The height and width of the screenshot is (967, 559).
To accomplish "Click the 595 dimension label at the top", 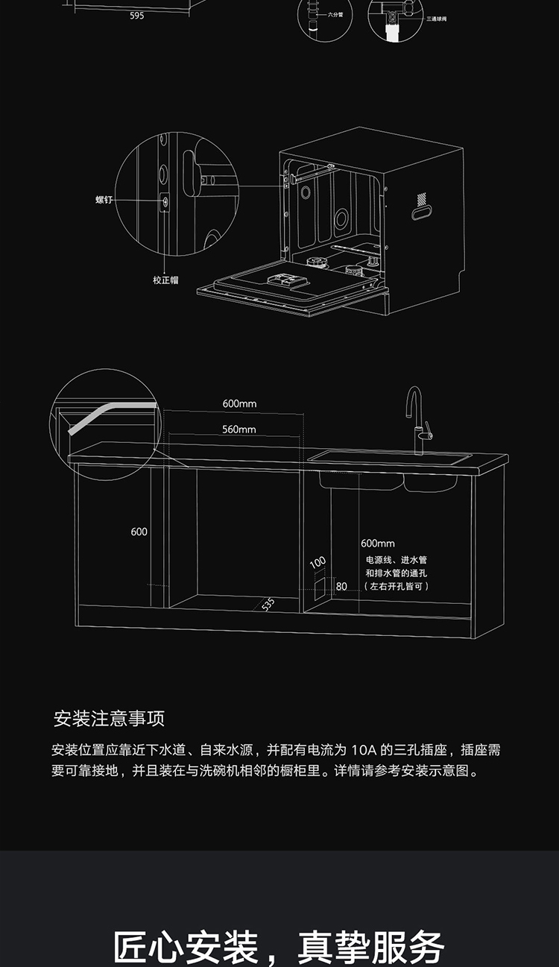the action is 136,16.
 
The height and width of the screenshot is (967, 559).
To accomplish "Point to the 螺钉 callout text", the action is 103,201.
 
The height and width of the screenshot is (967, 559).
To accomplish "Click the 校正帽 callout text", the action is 165,280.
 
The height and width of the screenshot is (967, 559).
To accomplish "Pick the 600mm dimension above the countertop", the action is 239,403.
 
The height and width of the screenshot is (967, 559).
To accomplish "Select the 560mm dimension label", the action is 239,429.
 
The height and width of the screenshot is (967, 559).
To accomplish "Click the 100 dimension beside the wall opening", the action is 318,561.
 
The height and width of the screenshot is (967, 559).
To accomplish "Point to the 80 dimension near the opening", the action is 341,586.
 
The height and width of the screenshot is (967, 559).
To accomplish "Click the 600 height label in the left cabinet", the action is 139,532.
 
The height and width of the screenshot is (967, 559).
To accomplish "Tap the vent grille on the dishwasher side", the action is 423,198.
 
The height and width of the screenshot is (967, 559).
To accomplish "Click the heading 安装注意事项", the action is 110,719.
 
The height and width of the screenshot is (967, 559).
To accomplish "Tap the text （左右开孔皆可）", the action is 397,587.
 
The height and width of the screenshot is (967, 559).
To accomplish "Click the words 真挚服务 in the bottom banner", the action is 371,947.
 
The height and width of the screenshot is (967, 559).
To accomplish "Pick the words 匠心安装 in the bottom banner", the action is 186,947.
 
